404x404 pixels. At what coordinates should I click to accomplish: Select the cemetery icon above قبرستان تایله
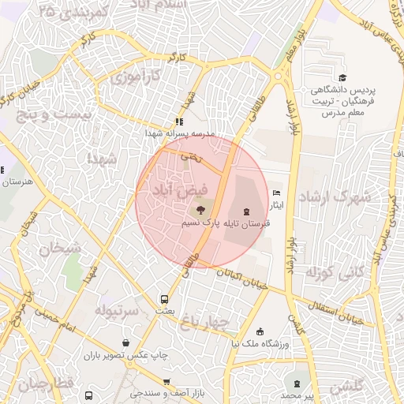click(x=248, y=211)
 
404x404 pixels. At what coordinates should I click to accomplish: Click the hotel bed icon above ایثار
click(x=275, y=193)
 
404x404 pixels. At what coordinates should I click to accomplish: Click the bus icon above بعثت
click(x=164, y=300)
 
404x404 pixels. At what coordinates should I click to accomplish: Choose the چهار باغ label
click(x=205, y=322)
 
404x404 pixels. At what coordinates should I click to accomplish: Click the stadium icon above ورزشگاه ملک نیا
click(x=261, y=331)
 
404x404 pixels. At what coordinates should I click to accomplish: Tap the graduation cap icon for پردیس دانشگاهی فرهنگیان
click(x=343, y=77)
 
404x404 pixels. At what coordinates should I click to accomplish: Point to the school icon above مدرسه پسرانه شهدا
click(x=180, y=122)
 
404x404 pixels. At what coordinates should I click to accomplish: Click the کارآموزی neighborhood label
click(x=135, y=77)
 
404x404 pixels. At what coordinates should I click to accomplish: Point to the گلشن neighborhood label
click(x=347, y=387)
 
